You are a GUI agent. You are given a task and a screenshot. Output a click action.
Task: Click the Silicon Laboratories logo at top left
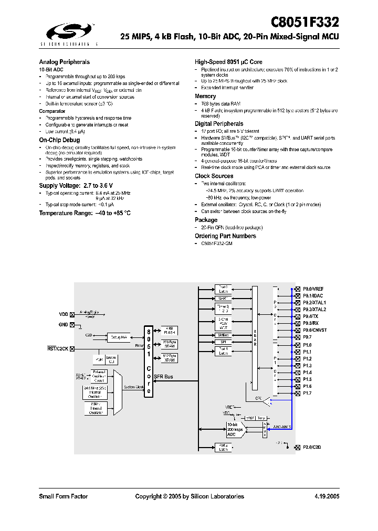tap(68, 33)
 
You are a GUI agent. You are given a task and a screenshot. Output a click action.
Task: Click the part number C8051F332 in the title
tap(304, 22)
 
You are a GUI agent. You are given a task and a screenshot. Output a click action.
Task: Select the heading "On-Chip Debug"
tap(59, 140)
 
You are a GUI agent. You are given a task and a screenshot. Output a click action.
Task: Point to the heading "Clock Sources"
tap(214, 176)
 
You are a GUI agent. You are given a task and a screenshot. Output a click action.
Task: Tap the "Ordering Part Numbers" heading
tap(225, 236)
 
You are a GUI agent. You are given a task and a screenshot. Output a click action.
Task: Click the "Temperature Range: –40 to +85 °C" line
tap(85, 213)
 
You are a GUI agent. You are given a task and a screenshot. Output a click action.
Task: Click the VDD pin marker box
tap(72, 314)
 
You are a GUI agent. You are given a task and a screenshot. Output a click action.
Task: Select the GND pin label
tap(63, 325)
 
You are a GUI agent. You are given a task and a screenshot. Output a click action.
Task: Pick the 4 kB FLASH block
tap(169, 331)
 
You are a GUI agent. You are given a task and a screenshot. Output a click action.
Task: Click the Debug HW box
tap(119, 337)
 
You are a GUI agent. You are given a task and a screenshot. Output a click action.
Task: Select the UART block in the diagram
tap(222, 298)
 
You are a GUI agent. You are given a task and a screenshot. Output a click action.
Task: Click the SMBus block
tap(222, 335)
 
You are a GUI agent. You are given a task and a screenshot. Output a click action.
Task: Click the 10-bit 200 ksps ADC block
tap(235, 430)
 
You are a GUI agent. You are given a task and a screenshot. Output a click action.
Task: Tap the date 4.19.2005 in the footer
tap(327, 496)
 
